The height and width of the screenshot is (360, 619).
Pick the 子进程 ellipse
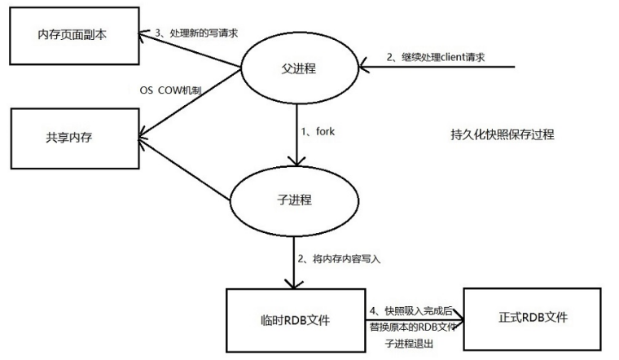[x=294, y=198]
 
